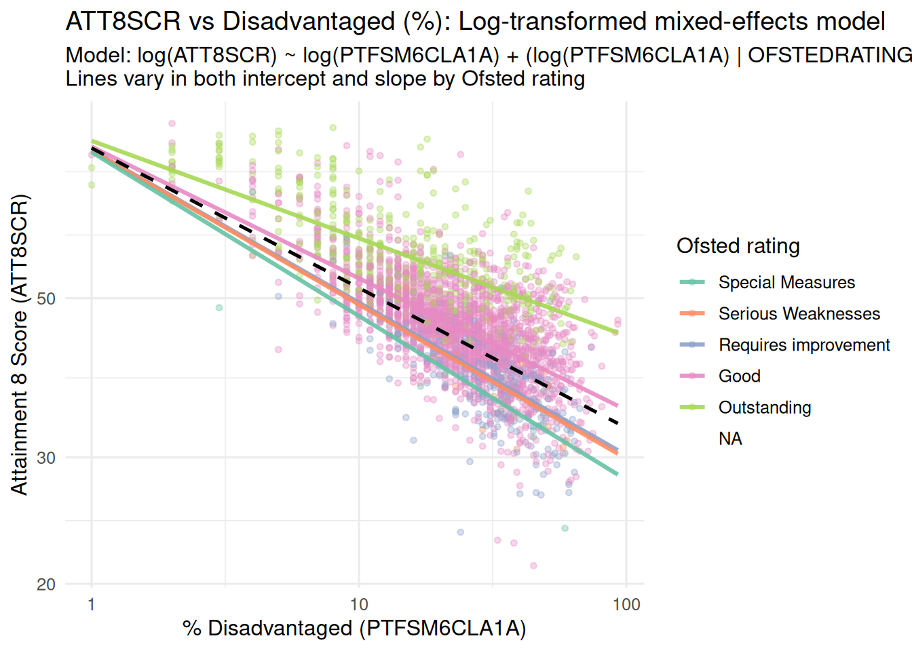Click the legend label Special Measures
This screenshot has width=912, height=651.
coord(786,283)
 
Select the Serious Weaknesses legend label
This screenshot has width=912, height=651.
coord(799,314)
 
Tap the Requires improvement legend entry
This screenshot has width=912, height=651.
coord(804,345)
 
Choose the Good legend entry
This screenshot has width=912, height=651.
coord(739,376)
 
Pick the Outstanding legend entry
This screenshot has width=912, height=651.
coord(765,408)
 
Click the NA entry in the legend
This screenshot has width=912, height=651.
coord(730,439)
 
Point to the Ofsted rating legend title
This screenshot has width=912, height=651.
coord(738,246)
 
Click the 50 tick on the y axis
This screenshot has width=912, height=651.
coord(46,299)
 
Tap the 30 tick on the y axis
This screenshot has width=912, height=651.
coord(46,458)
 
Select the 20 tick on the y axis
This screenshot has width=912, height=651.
coord(46,585)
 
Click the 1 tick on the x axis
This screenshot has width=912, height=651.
coord(92,604)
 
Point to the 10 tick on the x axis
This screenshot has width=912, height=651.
coord(359,604)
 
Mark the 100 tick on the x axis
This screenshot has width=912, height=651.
coord(626,604)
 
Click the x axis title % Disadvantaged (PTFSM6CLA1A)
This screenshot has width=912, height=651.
coord(354,629)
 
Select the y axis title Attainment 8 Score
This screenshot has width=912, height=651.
coord(20,344)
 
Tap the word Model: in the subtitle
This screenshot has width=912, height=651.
coord(98,55)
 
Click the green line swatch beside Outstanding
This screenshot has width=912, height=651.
coord(692,408)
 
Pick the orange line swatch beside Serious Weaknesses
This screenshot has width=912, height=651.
coord(692,314)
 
